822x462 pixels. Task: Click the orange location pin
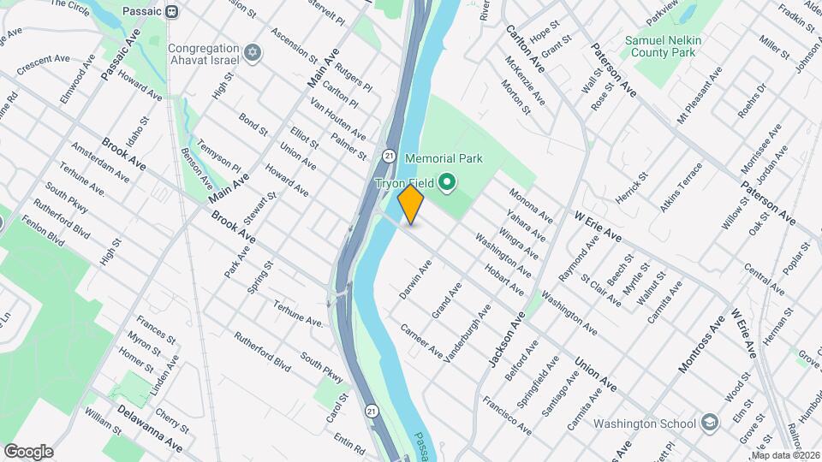411,204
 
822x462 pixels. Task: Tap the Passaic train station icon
172,11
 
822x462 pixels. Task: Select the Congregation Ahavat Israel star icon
252,54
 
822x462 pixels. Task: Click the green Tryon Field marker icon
446,182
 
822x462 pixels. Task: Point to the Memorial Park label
444,158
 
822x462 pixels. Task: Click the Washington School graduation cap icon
710,423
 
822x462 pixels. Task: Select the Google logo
28,452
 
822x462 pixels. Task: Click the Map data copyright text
785,455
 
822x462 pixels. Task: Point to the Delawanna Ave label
150,430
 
